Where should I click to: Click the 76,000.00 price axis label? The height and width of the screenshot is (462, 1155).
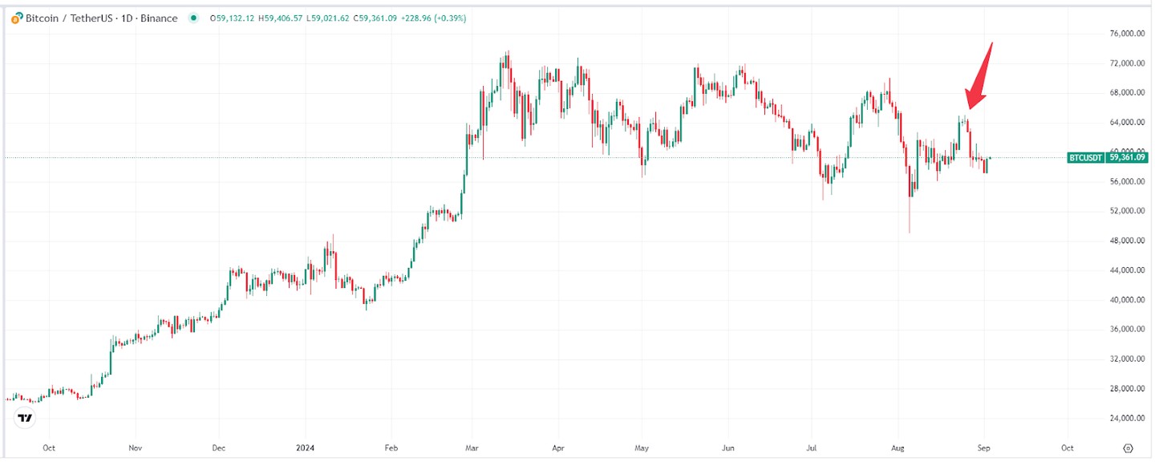pyautogui.click(x=1121, y=34)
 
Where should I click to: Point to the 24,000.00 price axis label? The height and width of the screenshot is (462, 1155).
pyautogui.click(x=1121, y=418)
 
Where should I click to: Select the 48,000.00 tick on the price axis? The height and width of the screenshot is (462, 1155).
pyautogui.click(x=1121, y=241)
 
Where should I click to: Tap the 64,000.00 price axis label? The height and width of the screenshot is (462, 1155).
pyautogui.click(x=1121, y=123)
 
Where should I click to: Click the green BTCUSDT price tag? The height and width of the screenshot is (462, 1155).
pyautogui.click(x=1086, y=158)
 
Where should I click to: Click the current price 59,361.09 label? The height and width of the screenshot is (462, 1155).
pyautogui.click(x=1127, y=158)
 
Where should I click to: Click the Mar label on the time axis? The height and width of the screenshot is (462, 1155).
pyautogui.click(x=474, y=447)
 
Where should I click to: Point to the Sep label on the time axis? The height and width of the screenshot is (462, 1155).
pyautogui.click(x=984, y=447)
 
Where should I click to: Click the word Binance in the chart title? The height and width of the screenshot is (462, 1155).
pyautogui.click(x=160, y=18)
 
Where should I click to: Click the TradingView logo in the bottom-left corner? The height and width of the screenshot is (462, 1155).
pyautogui.click(x=26, y=418)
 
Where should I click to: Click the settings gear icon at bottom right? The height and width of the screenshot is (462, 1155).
pyautogui.click(x=1129, y=448)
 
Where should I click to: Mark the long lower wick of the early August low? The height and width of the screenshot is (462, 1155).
pyautogui.click(x=909, y=217)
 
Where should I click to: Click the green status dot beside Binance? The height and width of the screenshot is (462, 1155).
pyautogui.click(x=192, y=18)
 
